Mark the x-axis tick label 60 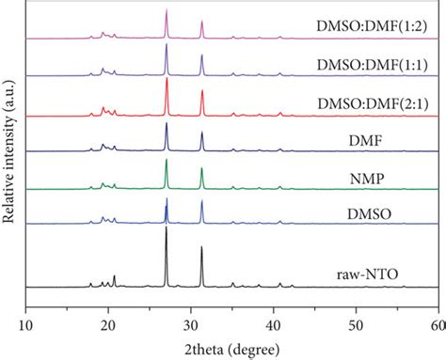tap(436, 323)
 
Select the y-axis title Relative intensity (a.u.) tap(9, 156)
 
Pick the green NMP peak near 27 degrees tap(167, 161)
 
